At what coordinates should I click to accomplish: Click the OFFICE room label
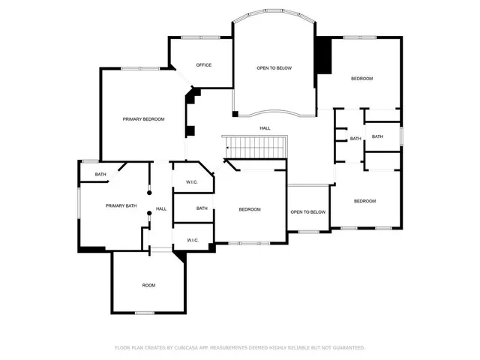tap(203, 65)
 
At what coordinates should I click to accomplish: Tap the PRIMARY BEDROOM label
tap(143, 119)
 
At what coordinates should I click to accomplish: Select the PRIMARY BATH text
tap(121, 205)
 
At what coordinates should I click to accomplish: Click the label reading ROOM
tap(148, 286)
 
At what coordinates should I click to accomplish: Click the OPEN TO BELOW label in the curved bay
tap(274, 68)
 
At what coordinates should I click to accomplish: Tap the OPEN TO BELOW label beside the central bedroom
tap(308, 212)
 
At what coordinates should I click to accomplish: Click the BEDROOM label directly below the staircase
tap(249, 209)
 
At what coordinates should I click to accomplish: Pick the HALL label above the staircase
tap(265, 128)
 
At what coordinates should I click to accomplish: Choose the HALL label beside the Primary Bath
tap(161, 208)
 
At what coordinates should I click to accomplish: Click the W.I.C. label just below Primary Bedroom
tap(191, 182)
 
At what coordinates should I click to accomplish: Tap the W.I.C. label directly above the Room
tap(191, 241)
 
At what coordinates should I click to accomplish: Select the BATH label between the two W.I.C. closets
tap(202, 208)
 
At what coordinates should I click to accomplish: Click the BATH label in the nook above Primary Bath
tap(100, 175)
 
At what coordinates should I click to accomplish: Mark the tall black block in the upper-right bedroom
tap(322, 56)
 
